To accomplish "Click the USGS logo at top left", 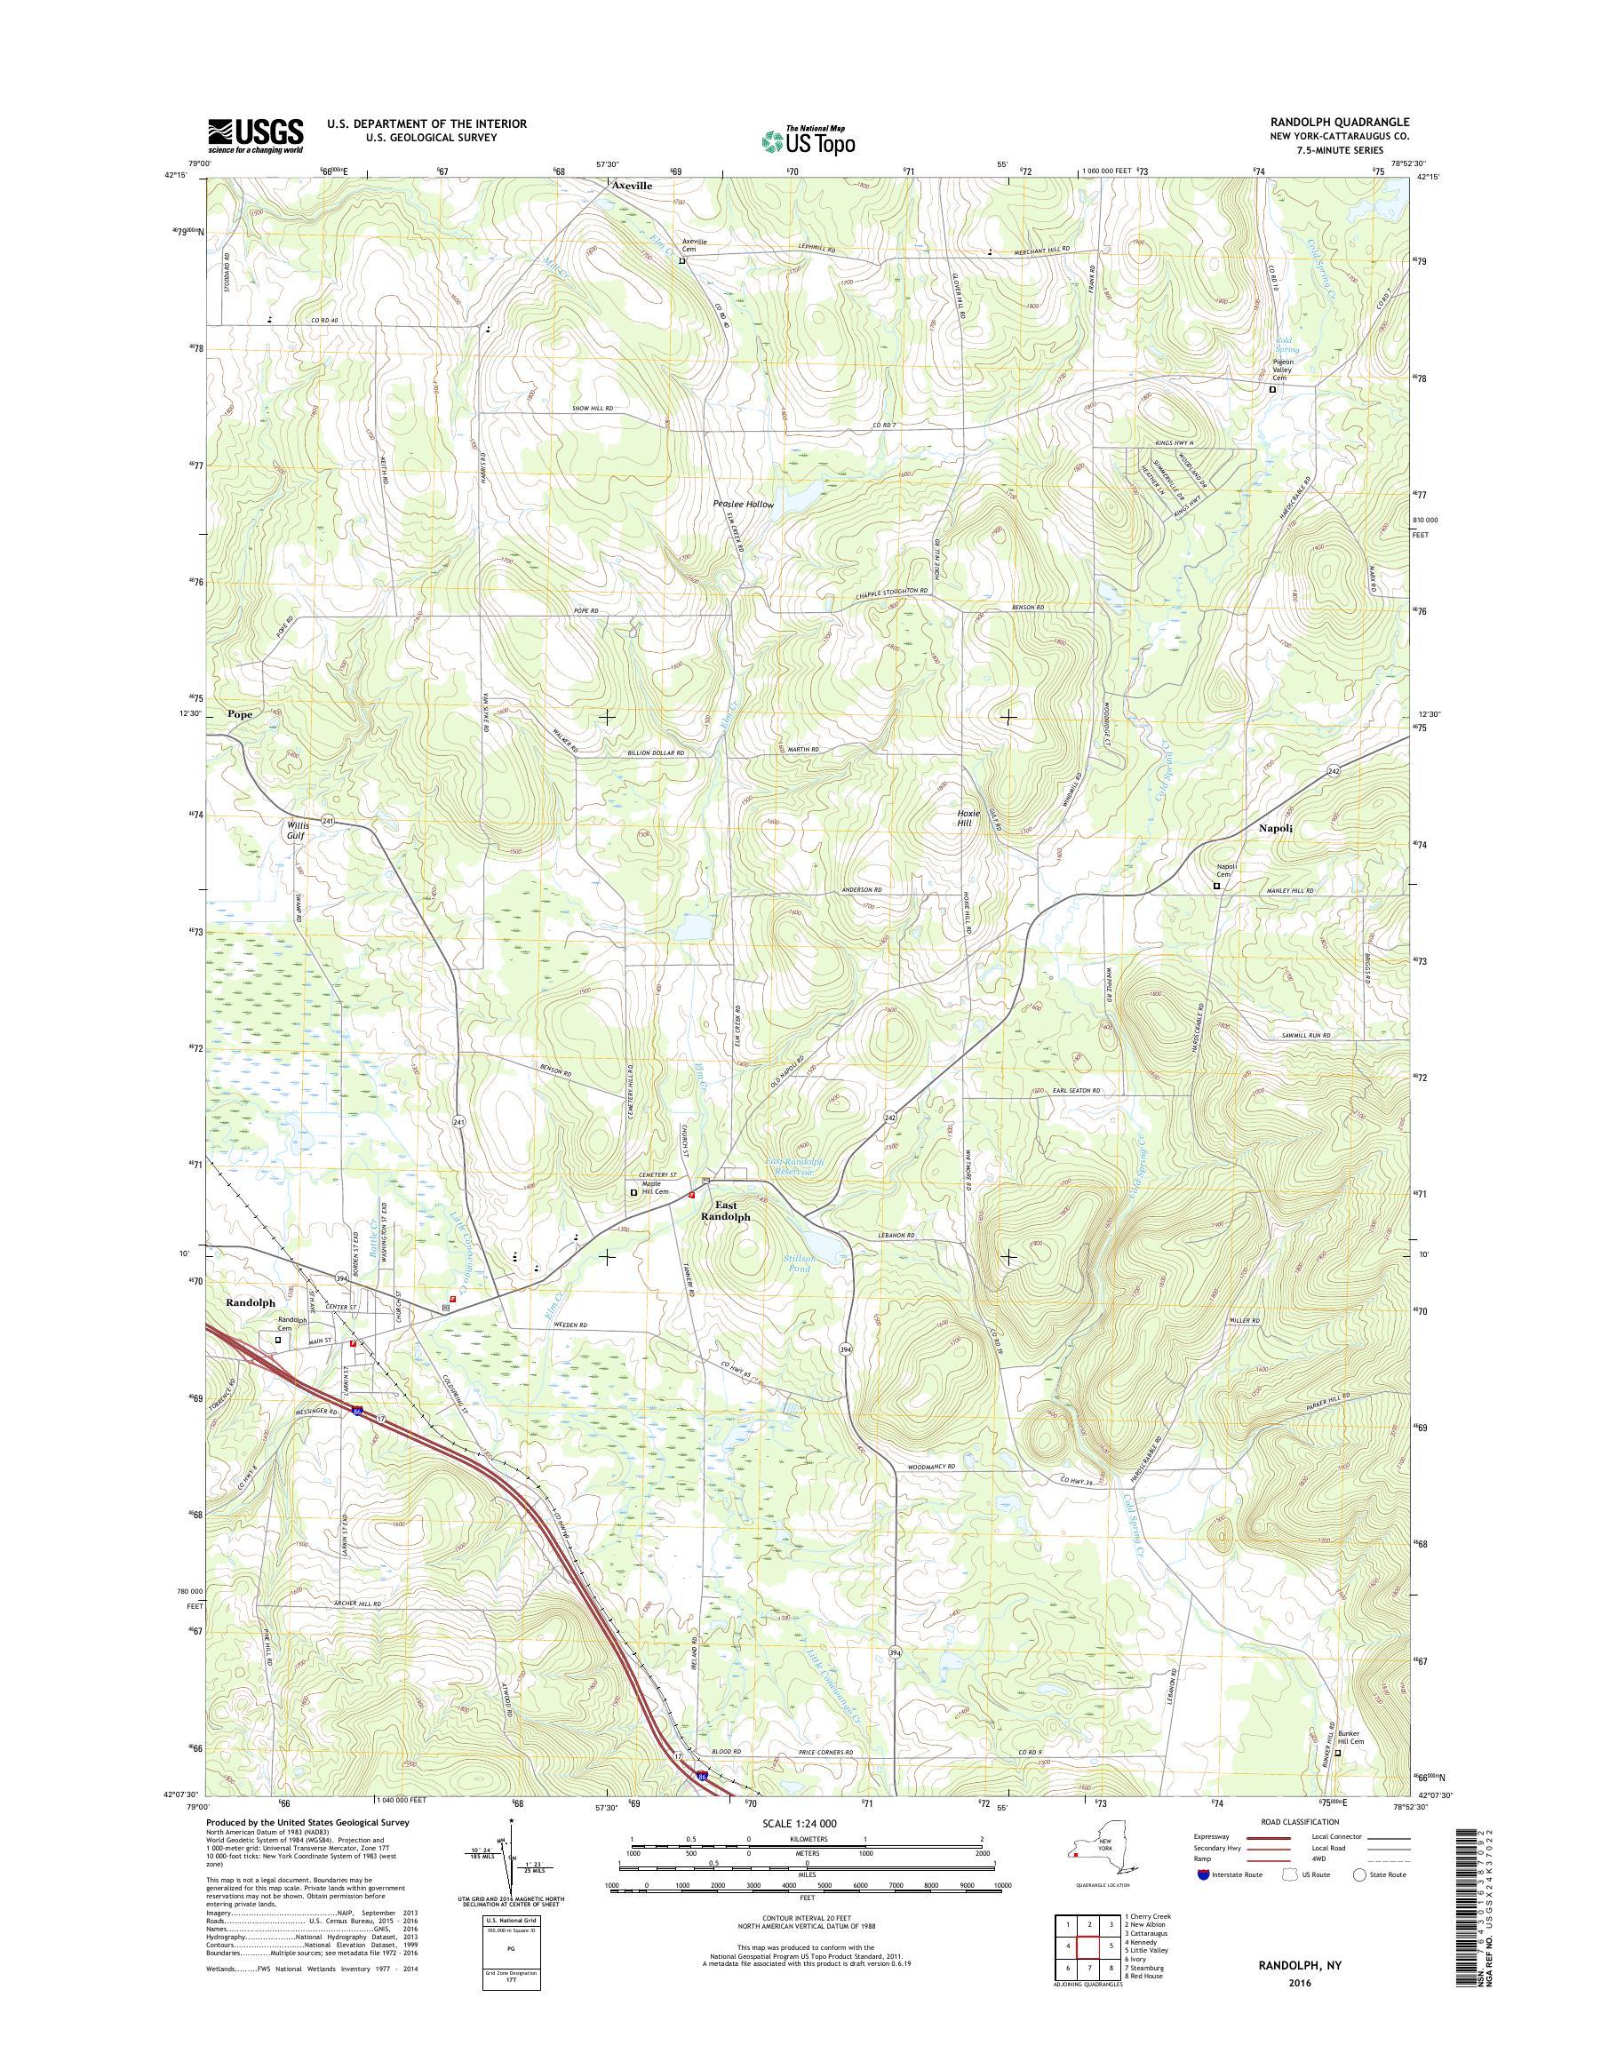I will pos(255,136).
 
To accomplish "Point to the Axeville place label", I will pos(632,187).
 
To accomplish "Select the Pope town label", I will pos(240,715).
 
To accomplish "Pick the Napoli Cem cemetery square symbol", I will pos(1216,886).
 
